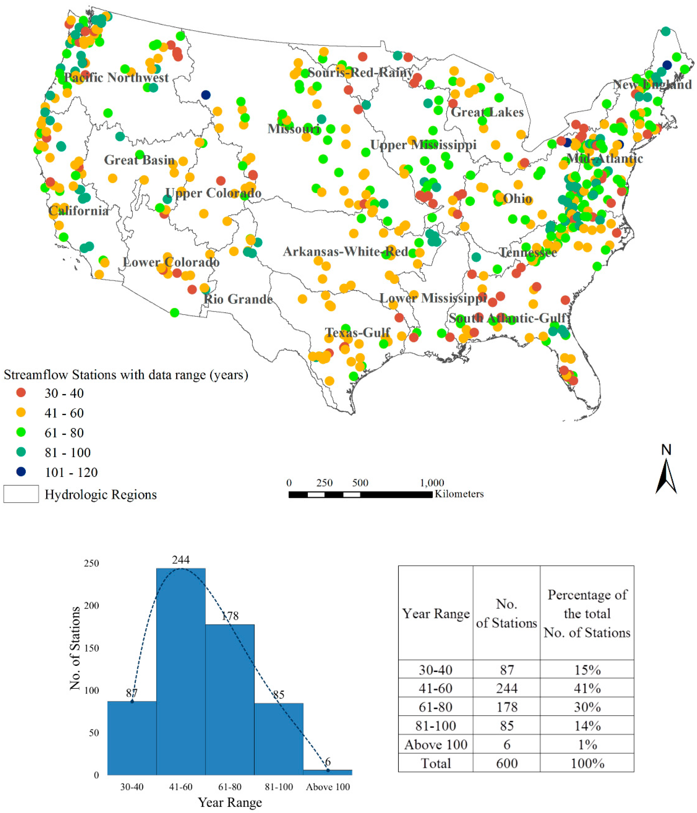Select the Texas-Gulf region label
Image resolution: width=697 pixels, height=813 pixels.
pos(358,333)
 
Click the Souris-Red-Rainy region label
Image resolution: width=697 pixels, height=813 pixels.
pos(360,73)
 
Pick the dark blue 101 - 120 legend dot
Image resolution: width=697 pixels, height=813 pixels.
pos(21,472)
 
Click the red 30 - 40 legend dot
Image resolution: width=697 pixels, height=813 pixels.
pos(21,393)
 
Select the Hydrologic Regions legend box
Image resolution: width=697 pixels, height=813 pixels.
pos(21,494)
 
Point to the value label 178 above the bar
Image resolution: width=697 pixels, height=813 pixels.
pos(230,616)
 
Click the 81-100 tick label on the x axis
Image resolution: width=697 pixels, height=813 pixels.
pos(279,787)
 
